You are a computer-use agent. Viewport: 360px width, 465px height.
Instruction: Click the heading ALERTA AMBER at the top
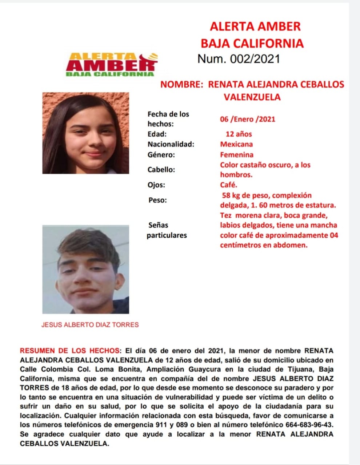coord(255,27)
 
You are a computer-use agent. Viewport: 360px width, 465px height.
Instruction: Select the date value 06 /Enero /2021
coord(247,119)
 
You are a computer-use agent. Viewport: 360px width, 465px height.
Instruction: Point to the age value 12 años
coord(239,134)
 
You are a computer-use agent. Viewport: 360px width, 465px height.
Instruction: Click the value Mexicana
coord(236,144)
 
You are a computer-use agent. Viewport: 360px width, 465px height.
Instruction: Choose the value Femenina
coord(237,155)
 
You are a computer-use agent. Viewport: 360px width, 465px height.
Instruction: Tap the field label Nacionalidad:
coord(171,144)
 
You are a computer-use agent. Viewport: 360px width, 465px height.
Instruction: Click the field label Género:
coord(161,155)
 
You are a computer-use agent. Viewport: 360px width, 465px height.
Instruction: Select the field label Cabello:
coord(161,170)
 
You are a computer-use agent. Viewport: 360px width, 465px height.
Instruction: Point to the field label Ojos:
coord(156,185)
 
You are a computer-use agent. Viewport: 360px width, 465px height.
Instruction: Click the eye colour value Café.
coord(228,185)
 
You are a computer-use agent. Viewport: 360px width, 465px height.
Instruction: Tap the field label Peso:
coord(157,200)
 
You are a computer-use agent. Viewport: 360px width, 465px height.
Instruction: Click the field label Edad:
coord(157,134)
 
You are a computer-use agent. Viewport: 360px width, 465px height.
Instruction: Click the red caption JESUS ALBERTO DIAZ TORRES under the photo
coord(90,325)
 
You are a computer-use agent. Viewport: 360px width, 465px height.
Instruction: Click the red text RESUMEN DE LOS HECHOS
coord(69,351)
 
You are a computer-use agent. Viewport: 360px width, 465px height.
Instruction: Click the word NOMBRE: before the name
coord(181,85)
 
